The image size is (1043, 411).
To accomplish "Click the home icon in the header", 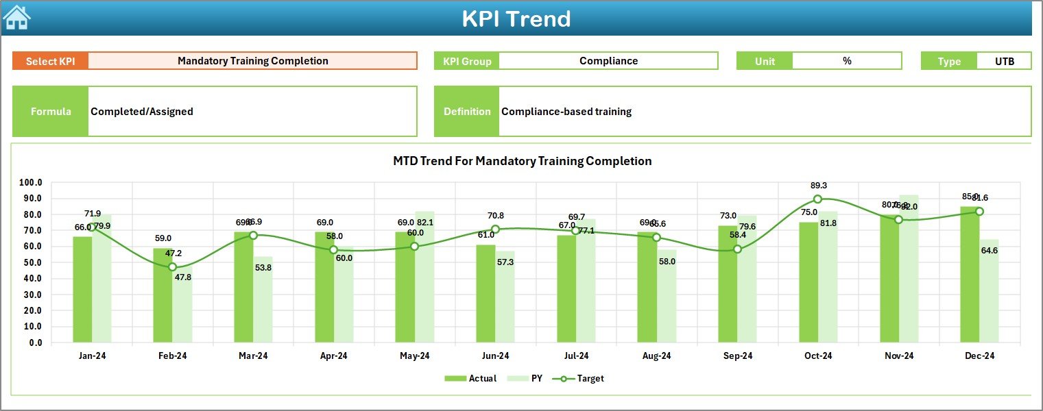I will (16, 18).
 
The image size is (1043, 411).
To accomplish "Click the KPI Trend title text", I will (516, 18).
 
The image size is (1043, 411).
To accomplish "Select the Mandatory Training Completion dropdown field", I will (252, 61).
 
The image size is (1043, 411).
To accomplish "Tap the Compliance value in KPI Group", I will (608, 61).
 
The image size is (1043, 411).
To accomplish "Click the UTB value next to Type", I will (1004, 61).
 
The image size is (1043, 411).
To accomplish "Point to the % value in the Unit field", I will (847, 61).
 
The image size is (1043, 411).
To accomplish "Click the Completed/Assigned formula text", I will (142, 112).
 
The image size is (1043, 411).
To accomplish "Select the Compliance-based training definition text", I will (566, 112).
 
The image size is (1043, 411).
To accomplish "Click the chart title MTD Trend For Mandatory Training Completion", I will (522, 161).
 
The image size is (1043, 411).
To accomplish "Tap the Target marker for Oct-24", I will (817, 199).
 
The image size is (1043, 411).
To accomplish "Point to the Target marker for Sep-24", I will (737, 249).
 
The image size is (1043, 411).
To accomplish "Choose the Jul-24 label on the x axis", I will (576, 356).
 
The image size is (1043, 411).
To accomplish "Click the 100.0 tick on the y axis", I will (30, 183).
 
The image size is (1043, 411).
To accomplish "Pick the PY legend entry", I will (527, 378).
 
